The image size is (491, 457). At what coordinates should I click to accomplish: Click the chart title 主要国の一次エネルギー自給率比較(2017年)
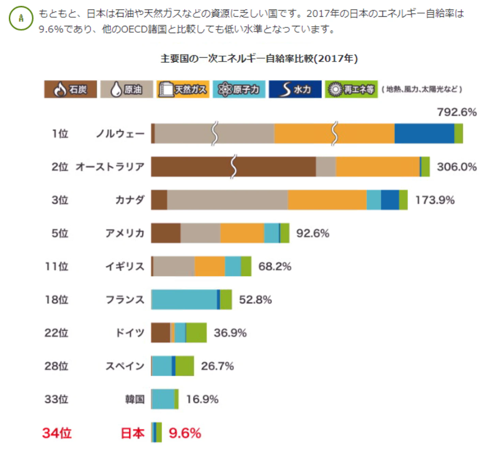259,59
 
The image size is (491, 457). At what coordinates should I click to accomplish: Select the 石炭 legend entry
71,89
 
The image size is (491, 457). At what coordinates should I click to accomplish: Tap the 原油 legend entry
127,89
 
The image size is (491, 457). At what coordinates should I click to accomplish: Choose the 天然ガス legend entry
183,89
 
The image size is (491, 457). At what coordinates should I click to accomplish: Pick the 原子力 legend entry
239,89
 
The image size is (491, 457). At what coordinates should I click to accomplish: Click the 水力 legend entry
295,89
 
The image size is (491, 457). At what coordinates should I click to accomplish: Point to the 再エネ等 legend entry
351,89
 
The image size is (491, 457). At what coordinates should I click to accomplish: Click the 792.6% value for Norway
457,112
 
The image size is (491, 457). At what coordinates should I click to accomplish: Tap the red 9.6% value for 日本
185,433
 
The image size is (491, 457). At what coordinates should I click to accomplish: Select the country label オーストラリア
110,167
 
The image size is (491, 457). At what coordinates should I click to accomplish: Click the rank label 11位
57,266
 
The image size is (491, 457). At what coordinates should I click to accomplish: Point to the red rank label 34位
57,433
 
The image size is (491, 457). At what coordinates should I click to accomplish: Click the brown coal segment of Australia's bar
233,167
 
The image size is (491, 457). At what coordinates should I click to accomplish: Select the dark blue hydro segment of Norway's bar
424,134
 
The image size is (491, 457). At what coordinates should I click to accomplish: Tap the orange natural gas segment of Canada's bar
327,200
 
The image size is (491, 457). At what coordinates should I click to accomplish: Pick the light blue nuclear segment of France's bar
184,300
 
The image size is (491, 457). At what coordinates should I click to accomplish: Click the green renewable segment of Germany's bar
196,333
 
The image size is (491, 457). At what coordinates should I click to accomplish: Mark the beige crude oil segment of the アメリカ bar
200,233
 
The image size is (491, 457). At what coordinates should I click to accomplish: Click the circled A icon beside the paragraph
21,18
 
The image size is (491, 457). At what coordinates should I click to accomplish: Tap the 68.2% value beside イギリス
275,266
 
